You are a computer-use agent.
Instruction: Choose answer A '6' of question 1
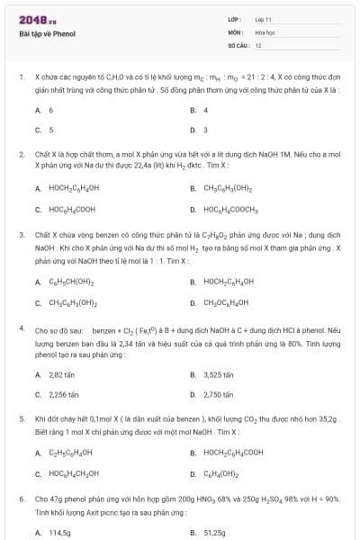[x=50, y=110]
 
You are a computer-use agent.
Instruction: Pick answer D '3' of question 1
[x=206, y=130]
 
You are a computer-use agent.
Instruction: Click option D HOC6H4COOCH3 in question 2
[x=231, y=209]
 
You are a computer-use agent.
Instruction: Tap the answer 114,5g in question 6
[x=59, y=532]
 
